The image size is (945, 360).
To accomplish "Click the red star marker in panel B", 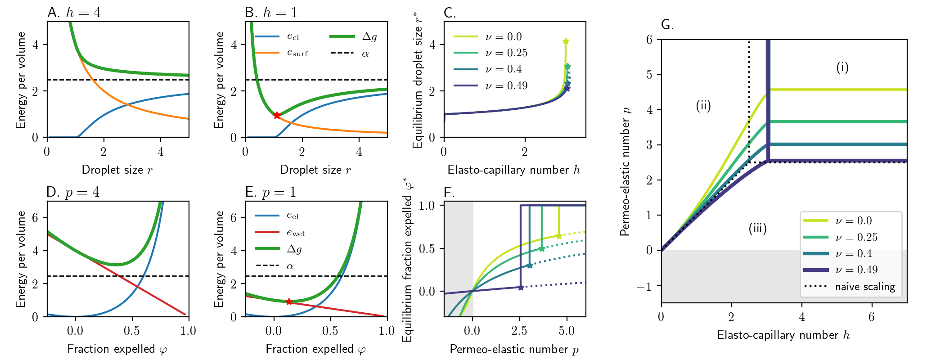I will [x=277, y=115].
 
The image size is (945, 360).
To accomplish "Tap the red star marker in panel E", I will [x=289, y=301].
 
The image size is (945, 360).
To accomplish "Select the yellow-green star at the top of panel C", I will [x=566, y=41].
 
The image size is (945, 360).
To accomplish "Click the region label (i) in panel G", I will [x=842, y=67].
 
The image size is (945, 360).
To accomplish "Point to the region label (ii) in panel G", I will [x=703, y=106].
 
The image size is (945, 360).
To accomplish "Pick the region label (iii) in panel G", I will [x=758, y=228].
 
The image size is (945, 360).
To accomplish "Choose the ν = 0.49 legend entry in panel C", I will [x=506, y=85].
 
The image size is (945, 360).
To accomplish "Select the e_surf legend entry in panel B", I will [x=297, y=53].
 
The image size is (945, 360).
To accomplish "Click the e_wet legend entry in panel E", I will [x=296, y=233].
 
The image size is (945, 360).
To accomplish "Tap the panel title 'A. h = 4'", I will [x=74, y=12].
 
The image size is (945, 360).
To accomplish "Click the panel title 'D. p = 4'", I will [x=73, y=192].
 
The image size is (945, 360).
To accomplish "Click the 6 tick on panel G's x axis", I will [x=872, y=317].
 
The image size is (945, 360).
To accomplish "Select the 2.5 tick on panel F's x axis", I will [x=519, y=331].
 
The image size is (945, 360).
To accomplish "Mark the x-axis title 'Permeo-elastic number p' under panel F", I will [x=514, y=349].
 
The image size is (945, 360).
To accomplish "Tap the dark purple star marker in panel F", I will [x=521, y=287].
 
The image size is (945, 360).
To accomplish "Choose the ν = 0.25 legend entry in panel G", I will [x=857, y=237].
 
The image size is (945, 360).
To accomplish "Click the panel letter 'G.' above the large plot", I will [x=667, y=24].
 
